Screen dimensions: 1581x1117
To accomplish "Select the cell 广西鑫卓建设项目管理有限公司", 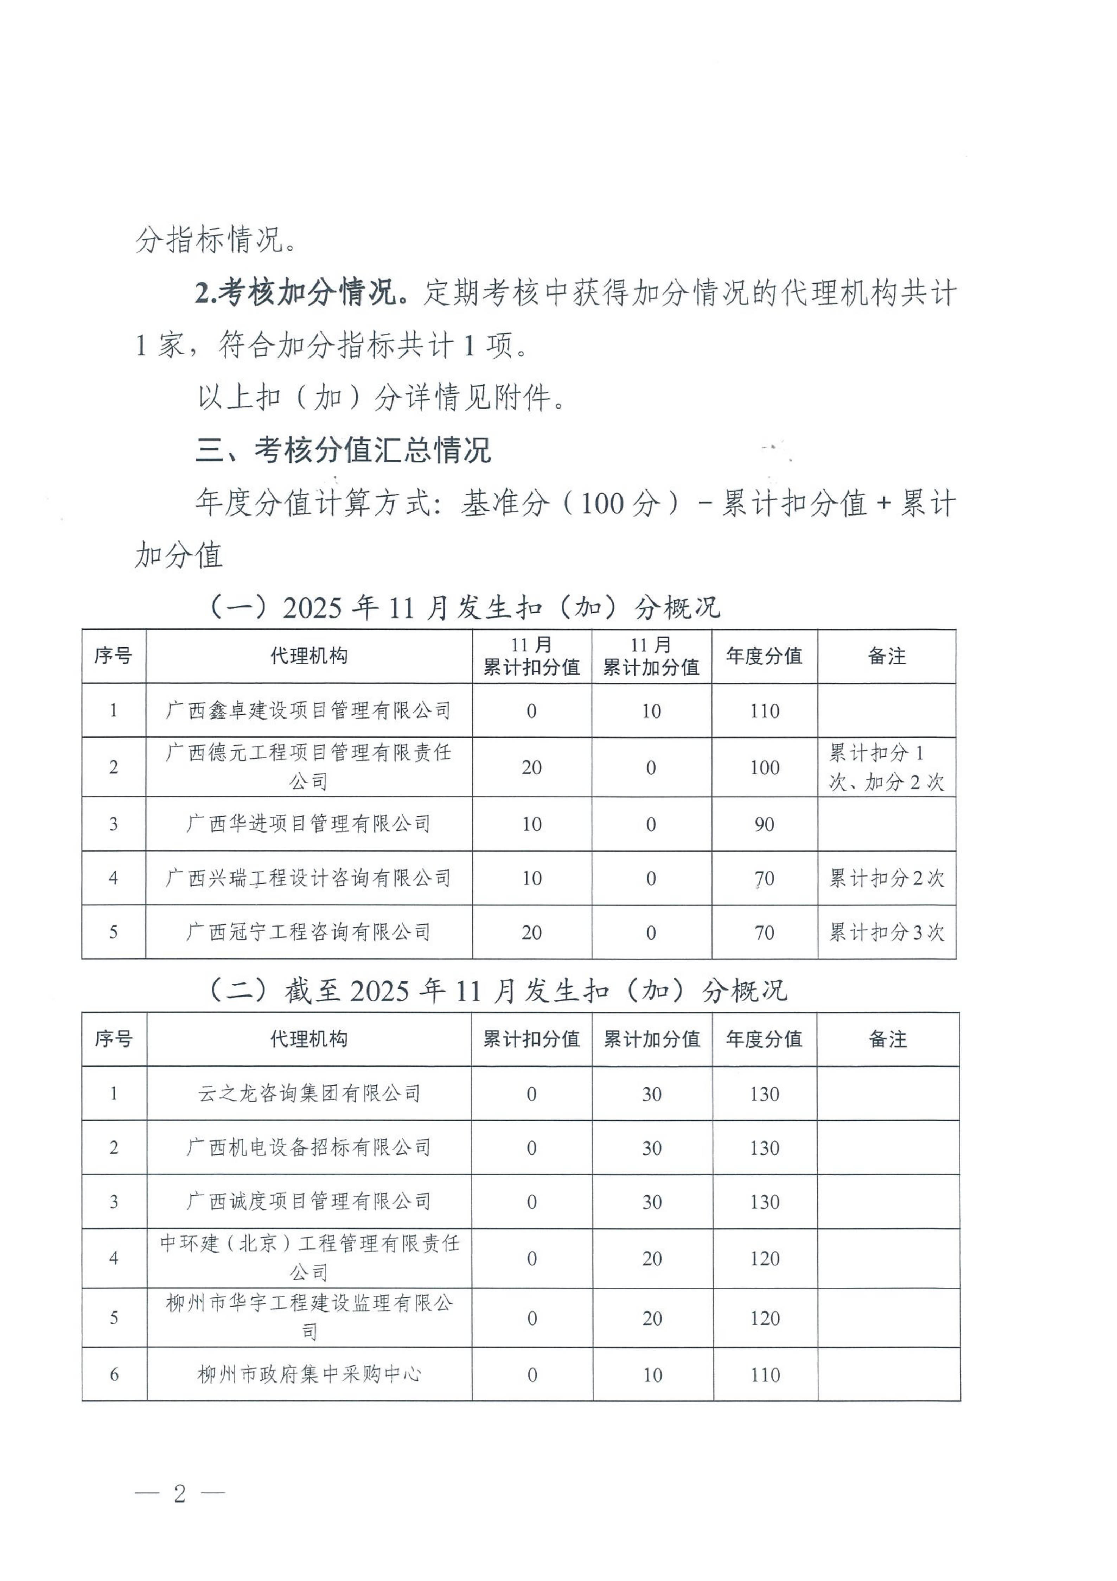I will pos(308,711).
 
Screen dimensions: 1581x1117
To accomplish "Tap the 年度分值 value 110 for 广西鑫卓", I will pos(764,711).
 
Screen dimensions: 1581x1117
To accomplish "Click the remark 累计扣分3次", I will pos(886,932).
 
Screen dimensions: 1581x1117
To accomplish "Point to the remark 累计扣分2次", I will pos(886,878).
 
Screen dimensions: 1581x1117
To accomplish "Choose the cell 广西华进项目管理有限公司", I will pos(308,823).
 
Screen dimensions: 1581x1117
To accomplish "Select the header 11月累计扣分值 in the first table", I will pos(531,656).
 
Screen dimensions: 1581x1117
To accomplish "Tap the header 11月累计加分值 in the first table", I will pos(651,656).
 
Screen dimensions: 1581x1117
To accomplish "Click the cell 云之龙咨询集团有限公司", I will pos(308,1094).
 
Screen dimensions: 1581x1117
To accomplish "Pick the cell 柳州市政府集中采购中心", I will pos(308,1374).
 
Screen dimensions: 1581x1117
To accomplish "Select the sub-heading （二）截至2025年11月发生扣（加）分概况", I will pos(497,991).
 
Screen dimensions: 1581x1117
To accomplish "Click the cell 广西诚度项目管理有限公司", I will pos(308,1202).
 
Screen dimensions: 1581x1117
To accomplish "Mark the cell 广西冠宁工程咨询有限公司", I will pos(308,932).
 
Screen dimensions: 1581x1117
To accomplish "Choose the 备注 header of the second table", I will pos(888,1039).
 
